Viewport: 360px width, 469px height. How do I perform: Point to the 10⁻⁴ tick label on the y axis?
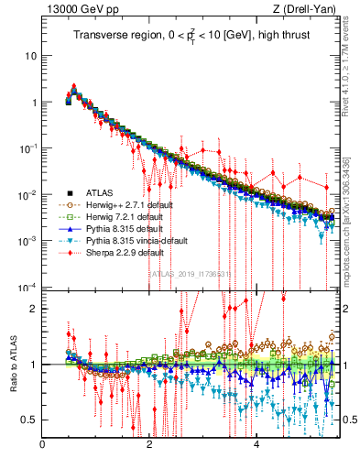pos(27,287)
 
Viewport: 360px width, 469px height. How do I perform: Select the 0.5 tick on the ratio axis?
pos(29,420)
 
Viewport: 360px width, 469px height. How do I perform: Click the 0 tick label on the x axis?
pos(43,444)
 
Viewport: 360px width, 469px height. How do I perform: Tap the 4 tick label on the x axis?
pos(256,444)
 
